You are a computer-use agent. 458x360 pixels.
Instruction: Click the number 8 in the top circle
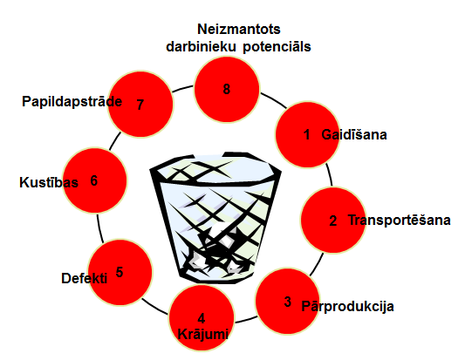[x=226, y=89]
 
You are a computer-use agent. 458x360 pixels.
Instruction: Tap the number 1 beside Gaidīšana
[x=307, y=134]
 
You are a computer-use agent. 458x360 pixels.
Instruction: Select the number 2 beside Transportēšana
[x=333, y=221]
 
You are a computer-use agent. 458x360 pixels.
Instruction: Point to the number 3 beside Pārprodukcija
[x=288, y=302]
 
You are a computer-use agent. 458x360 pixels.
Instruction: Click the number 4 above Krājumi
[x=202, y=318]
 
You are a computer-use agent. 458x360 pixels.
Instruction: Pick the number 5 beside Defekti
[x=120, y=272]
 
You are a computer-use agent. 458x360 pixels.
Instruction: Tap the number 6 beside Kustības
[x=93, y=180]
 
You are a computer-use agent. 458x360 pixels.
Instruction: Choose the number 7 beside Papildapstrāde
[x=140, y=105]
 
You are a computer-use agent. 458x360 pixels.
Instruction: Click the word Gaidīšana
[x=354, y=134]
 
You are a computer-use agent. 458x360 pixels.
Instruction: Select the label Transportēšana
[x=399, y=220]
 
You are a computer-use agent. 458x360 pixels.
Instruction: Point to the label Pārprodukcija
[x=347, y=306]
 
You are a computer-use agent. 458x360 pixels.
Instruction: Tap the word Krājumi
[x=203, y=334]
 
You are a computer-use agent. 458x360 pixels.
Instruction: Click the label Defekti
[x=84, y=278]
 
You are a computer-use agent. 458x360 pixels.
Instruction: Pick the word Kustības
[x=49, y=182]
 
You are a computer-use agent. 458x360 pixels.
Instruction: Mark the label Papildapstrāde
[x=72, y=102]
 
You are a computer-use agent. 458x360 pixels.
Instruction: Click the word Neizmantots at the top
[x=239, y=29]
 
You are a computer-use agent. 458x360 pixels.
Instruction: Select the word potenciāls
[x=277, y=47]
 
